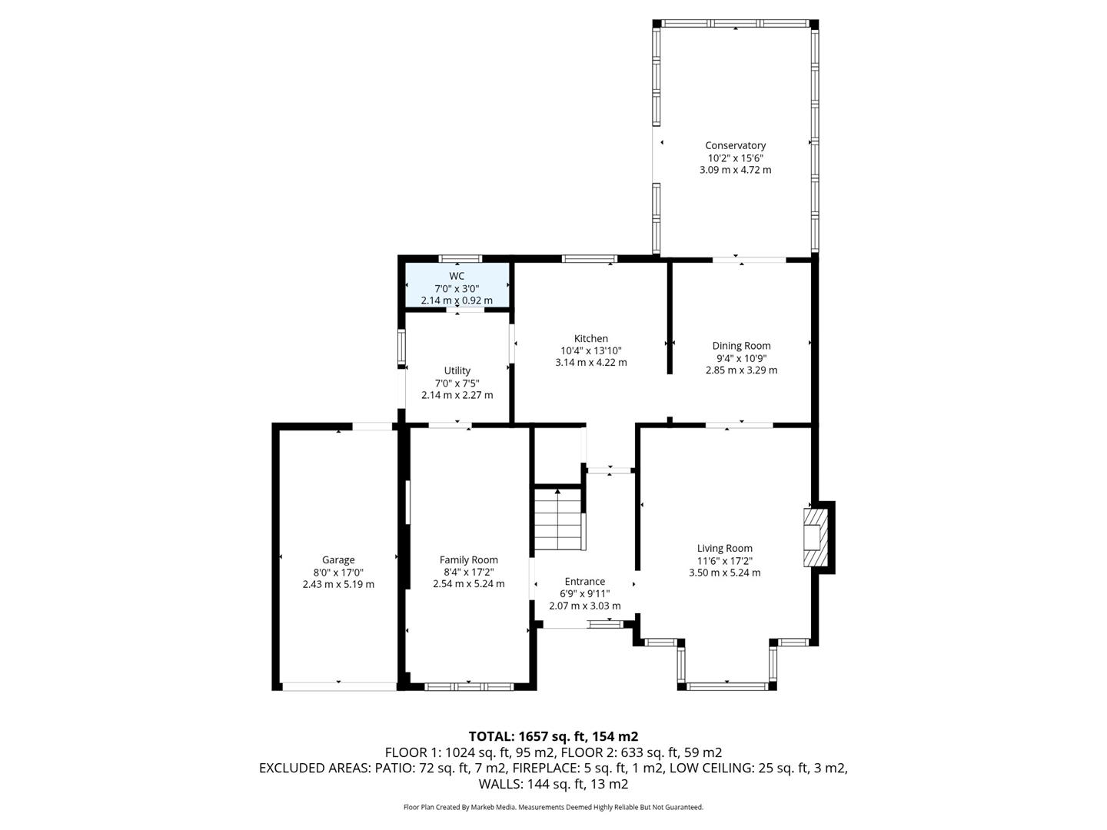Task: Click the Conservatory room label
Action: click(x=735, y=145)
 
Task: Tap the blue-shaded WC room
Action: click(x=457, y=286)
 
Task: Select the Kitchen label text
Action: click(x=590, y=338)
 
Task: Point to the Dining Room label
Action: click(x=741, y=346)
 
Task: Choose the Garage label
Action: click(x=338, y=560)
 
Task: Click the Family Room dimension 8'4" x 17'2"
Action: click(x=468, y=572)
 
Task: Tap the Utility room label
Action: click(x=457, y=370)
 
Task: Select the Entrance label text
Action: click(x=584, y=582)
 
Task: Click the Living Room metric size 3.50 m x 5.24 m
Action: click(x=724, y=573)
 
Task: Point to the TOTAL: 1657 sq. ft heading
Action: click(x=553, y=736)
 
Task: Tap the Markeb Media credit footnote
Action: click(x=553, y=808)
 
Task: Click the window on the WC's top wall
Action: click(x=460, y=258)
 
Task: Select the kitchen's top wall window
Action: click(x=590, y=258)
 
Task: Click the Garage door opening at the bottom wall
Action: click(x=339, y=686)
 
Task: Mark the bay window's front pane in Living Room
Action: click(x=727, y=686)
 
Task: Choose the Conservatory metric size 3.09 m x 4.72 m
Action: click(x=735, y=170)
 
